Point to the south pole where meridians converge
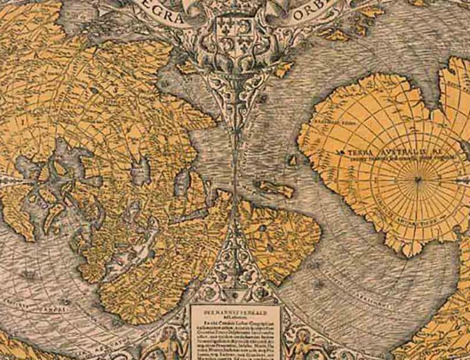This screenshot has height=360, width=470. [418, 181]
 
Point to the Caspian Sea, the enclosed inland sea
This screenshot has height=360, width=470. [142, 169]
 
